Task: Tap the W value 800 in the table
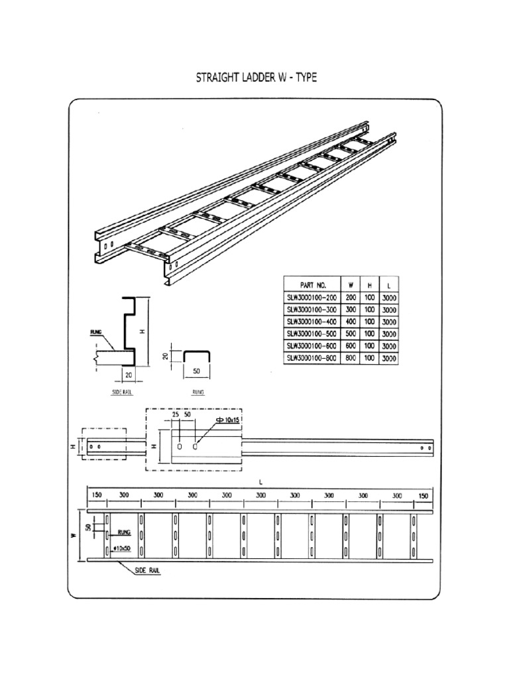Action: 351,358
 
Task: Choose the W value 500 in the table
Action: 351,334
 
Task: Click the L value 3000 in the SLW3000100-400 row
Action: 389,322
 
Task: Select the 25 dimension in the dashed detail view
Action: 176,414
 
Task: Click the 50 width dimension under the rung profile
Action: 196,373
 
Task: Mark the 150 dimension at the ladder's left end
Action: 97,495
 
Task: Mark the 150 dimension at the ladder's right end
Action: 423,495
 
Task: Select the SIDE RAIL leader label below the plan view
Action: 148,570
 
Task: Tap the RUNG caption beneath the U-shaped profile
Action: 198,393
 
